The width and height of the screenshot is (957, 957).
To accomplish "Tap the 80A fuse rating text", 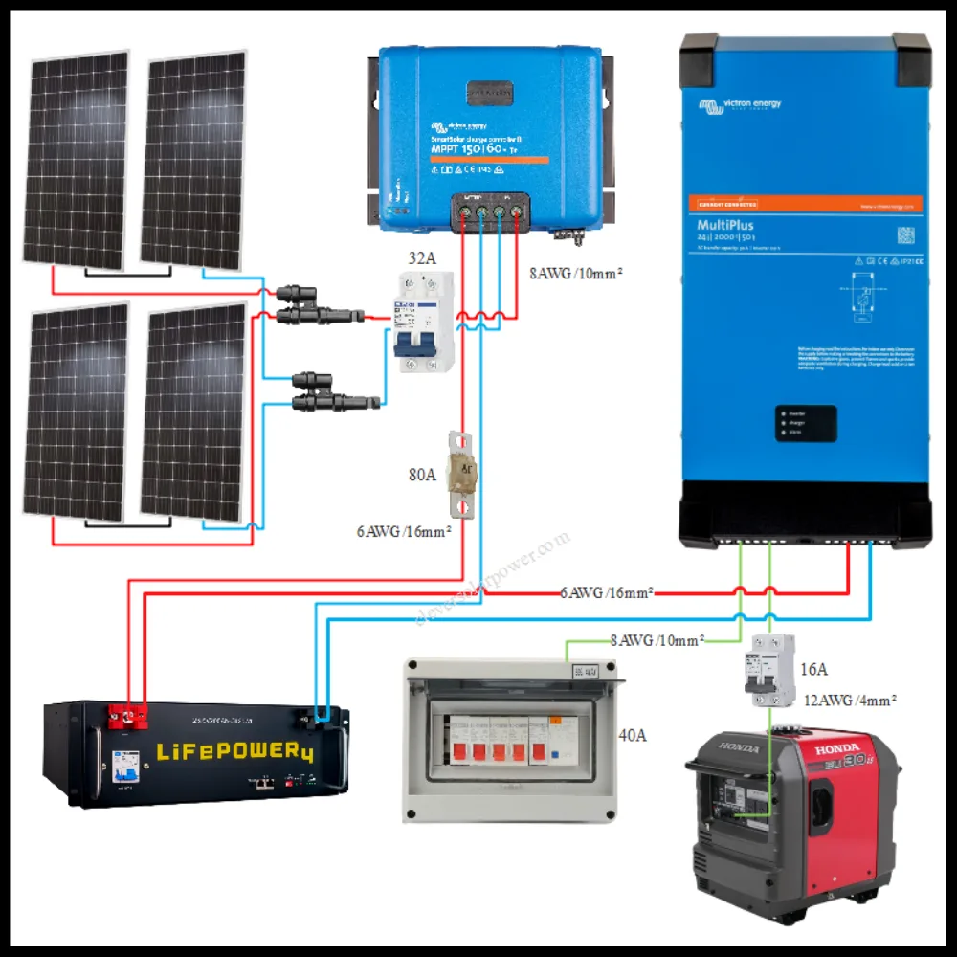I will (421, 473).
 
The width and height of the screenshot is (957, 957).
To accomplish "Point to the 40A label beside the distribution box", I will (633, 736).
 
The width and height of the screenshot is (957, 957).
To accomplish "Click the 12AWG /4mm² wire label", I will (850, 701).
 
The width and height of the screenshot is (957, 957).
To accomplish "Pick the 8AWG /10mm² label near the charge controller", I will (576, 273).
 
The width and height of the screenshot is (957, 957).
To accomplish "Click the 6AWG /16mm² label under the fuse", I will (404, 531).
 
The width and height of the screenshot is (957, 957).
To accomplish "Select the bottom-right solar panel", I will (194, 413).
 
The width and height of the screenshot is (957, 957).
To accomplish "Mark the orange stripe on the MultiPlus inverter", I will (804, 204).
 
